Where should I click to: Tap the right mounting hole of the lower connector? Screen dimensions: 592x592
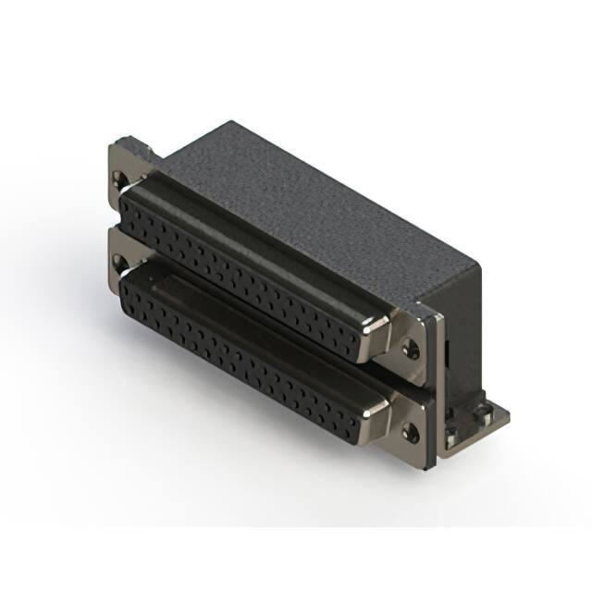point(411,427)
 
